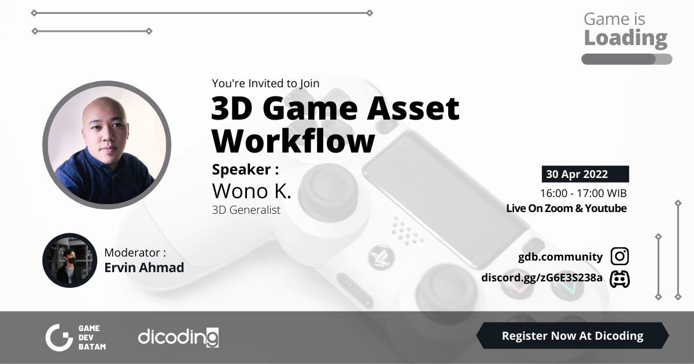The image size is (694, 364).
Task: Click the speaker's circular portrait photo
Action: coord(107,144)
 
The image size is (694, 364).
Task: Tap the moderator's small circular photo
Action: coord(69,261)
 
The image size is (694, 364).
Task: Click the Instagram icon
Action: coord(619,257)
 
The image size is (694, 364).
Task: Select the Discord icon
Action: coord(619,278)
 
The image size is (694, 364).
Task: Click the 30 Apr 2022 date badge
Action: coord(585,174)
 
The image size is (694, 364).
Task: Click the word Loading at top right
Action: coord(625,38)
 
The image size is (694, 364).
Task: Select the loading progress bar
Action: coord(626,59)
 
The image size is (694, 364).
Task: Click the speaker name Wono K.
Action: coord(252,191)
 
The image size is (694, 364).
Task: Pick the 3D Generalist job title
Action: coord(246,210)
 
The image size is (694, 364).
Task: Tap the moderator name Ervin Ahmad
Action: coord(144,268)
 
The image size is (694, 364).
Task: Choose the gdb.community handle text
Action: coord(560,257)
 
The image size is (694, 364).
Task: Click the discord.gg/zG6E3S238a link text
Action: coord(542,278)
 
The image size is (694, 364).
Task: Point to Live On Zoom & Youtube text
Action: coord(566,209)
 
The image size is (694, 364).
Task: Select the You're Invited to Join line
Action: coord(265,83)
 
